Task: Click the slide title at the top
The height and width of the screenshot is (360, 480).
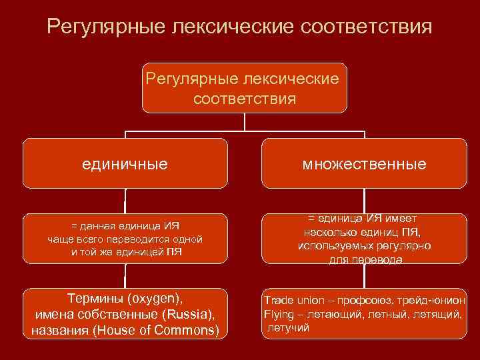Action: [240, 28]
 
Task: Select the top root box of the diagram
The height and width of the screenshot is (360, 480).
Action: [245, 88]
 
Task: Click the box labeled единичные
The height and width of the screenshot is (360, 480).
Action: [125, 163]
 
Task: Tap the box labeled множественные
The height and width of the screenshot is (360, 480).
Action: [364, 163]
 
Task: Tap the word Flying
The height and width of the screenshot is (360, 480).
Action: [279, 313]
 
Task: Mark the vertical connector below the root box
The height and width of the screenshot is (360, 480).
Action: [245, 121]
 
